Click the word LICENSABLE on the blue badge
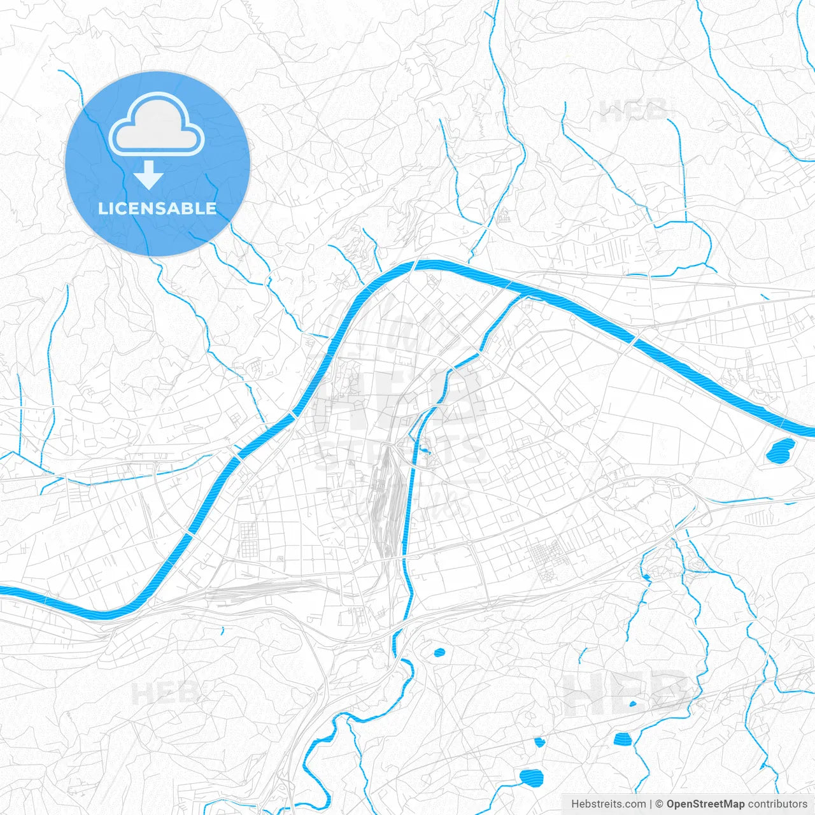point(157,209)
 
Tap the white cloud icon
point(157,125)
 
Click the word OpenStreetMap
point(705,804)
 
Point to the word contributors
point(777,804)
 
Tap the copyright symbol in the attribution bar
point(660,804)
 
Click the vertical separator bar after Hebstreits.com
point(651,804)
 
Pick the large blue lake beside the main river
point(779,451)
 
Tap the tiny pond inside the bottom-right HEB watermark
point(632,704)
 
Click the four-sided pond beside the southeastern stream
point(622,739)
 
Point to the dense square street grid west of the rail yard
point(247,538)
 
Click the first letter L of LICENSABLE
point(103,209)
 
